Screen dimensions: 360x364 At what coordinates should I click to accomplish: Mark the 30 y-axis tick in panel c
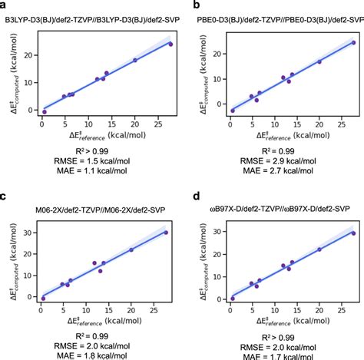pos(28,233)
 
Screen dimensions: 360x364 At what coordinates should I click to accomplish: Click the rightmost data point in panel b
pos(353,43)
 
